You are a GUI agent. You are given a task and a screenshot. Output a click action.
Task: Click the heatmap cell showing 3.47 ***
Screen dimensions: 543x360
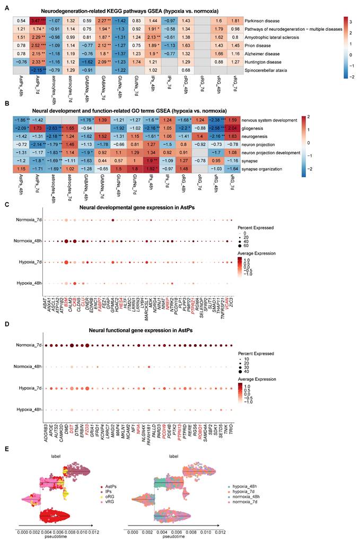(37, 20)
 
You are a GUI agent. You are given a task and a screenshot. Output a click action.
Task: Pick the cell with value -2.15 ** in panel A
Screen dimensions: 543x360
(37, 70)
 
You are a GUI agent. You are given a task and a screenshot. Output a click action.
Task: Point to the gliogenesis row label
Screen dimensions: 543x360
(257, 128)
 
